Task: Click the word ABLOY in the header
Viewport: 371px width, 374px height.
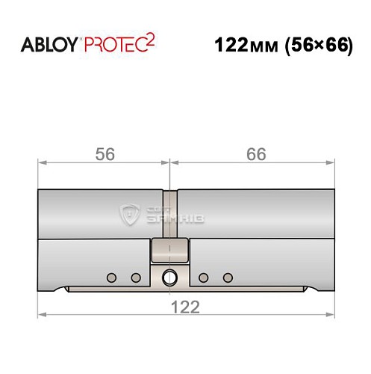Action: [x=52, y=44]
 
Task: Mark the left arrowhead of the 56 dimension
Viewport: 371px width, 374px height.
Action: [x=42, y=161]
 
